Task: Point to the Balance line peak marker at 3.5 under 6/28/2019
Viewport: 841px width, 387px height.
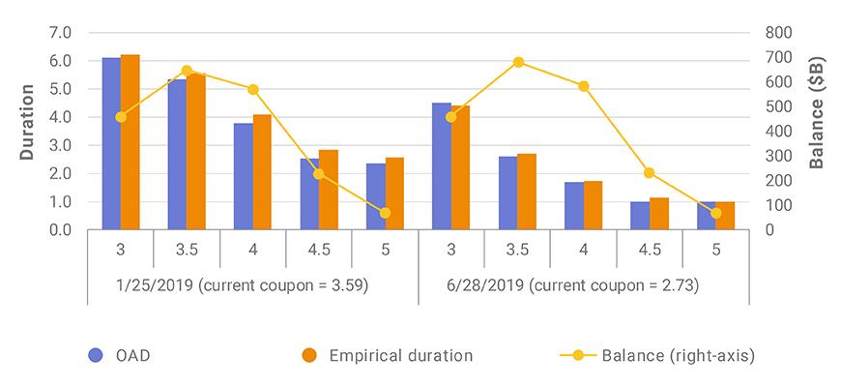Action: [518, 62]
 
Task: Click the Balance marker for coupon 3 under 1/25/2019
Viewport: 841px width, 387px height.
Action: [121, 117]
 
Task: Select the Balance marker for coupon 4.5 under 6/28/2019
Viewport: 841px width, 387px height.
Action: [650, 173]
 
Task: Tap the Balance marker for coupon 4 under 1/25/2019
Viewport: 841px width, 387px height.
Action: [253, 89]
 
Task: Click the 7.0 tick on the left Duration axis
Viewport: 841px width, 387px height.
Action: [60, 33]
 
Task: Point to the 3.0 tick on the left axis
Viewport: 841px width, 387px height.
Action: [60, 146]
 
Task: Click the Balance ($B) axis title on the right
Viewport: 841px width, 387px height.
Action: [817, 113]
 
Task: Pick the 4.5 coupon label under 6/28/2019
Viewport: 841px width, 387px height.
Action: [650, 250]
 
